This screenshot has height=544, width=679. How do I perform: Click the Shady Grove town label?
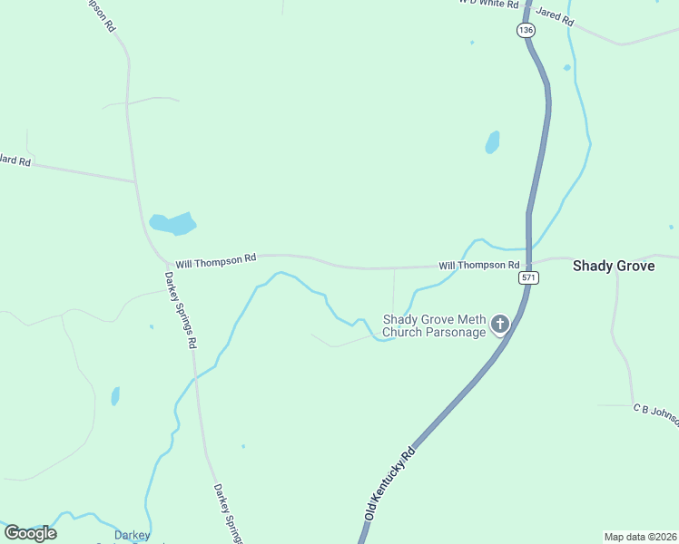pyautogui.click(x=613, y=267)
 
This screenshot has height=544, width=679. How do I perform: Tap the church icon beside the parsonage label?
pyautogui.click(x=499, y=324)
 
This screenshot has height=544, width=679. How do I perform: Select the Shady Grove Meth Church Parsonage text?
pyautogui.click(x=435, y=325)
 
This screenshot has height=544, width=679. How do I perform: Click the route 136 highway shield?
pyautogui.click(x=526, y=30)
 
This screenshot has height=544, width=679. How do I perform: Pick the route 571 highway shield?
pyautogui.click(x=530, y=277)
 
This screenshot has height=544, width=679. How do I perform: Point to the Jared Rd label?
pyautogui.click(x=555, y=15)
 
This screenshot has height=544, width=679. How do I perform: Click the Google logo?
pyautogui.click(x=30, y=532)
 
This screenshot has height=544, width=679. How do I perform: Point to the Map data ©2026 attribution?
pyautogui.click(x=639, y=537)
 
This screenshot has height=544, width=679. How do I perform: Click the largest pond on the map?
pyautogui.click(x=172, y=223)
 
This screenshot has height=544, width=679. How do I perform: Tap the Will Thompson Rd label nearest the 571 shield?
pyautogui.click(x=472, y=266)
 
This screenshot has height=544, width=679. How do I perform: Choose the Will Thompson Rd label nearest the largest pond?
pyautogui.click(x=216, y=261)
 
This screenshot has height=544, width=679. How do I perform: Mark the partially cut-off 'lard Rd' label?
pyautogui.click(x=15, y=161)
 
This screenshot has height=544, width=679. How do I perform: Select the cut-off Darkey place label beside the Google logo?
pyautogui.click(x=133, y=535)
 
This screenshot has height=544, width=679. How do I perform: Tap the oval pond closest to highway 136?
pyautogui.click(x=492, y=142)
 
